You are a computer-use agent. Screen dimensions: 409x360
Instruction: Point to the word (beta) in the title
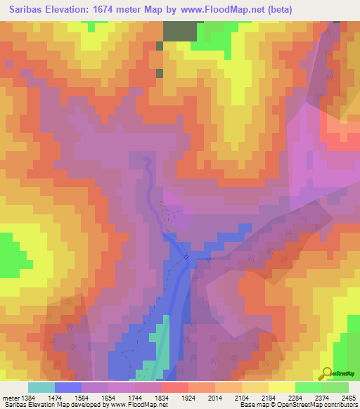278,10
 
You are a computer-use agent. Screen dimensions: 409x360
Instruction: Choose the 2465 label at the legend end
348,398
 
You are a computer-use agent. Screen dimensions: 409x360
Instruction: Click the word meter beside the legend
11,398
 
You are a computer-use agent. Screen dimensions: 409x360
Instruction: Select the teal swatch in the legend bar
41,387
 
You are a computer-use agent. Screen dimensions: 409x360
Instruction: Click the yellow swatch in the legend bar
281,387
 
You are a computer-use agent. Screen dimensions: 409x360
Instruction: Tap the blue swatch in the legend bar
68,387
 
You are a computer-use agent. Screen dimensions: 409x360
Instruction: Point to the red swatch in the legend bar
174,387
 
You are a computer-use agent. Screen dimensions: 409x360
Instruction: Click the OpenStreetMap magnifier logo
326,372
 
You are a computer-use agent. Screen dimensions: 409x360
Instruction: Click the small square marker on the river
186,257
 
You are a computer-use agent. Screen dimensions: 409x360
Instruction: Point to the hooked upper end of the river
146,160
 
